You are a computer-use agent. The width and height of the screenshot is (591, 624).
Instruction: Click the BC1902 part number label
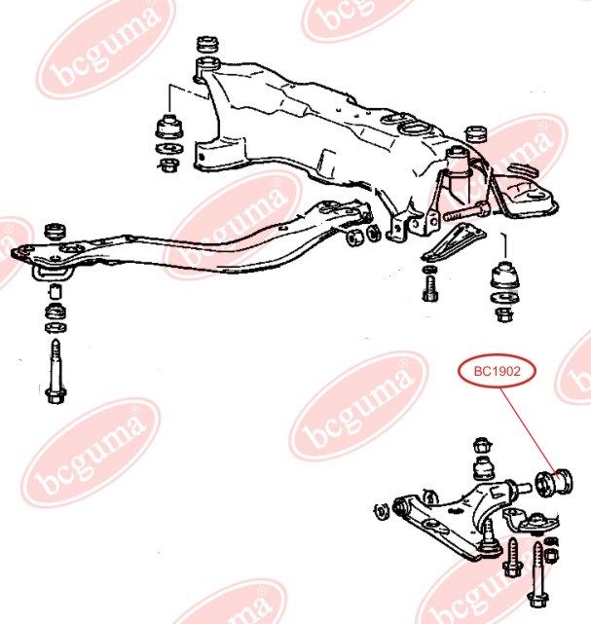[498, 371]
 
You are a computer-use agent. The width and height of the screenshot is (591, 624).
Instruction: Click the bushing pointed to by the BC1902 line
[554, 482]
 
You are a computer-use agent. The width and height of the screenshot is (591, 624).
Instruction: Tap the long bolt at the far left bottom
[56, 371]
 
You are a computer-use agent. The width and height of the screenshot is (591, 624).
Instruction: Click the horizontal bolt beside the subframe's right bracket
[465, 212]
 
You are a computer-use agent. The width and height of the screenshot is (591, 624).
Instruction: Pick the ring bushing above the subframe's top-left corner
[207, 44]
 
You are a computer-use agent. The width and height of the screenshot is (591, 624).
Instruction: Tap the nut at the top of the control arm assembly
[483, 445]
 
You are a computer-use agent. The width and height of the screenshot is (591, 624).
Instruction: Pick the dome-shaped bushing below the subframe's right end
[504, 275]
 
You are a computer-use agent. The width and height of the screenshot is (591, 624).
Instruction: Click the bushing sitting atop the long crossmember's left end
[55, 232]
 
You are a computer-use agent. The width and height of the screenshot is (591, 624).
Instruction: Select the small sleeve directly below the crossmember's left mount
[55, 292]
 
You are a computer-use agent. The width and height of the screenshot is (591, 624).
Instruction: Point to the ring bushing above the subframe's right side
[476, 134]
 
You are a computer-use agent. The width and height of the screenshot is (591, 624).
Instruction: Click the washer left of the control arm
[382, 511]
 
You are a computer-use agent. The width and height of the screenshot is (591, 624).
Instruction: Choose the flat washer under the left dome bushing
[170, 149]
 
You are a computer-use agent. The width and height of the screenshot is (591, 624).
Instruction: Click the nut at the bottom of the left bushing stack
[169, 165]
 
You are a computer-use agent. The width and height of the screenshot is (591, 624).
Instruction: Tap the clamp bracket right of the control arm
[533, 522]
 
